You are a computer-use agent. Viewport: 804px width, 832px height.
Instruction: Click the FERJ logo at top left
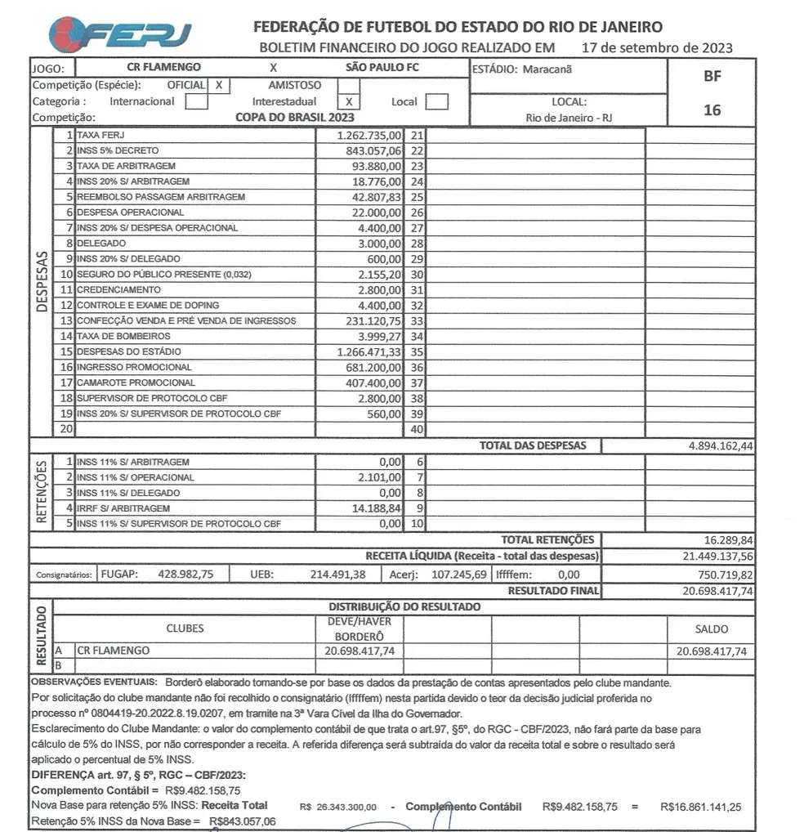pyautogui.click(x=121, y=33)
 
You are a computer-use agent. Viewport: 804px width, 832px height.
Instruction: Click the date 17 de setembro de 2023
pyautogui.click(x=657, y=47)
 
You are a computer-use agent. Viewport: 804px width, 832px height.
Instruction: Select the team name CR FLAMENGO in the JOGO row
pyautogui.click(x=164, y=68)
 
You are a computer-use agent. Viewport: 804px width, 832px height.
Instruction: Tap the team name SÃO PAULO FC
pyautogui.click(x=382, y=68)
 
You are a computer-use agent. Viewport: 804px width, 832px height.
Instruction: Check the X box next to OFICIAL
pyautogui.click(x=219, y=85)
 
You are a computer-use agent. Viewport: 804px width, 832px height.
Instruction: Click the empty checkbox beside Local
pyautogui.click(x=437, y=102)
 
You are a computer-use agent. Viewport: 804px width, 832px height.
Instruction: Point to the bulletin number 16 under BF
pyautogui.click(x=712, y=110)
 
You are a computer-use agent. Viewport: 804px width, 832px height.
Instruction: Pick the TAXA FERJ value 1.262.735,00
pyautogui.click(x=369, y=136)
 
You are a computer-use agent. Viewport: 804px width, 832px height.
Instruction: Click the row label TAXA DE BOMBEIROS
pyautogui.click(x=124, y=336)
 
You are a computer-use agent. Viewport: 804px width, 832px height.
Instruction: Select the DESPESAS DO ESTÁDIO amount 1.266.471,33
pyautogui.click(x=369, y=351)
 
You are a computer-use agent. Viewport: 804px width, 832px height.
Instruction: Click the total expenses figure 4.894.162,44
pyautogui.click(x=721, y=446)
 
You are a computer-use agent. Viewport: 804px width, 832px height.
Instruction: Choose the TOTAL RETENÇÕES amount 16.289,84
pyautogui.click(x=728, y=540)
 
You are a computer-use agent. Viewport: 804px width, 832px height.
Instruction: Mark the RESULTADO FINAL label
pyautogui.click(x=553, y=590)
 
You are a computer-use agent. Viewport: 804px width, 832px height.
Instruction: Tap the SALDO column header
pyautogui.click(x=711, y=628)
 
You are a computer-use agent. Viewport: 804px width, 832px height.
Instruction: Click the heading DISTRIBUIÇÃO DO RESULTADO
pyautogui.click(x=404, y=606)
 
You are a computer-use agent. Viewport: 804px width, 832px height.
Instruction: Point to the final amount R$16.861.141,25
pyautogui.click(x=700, y=807)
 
